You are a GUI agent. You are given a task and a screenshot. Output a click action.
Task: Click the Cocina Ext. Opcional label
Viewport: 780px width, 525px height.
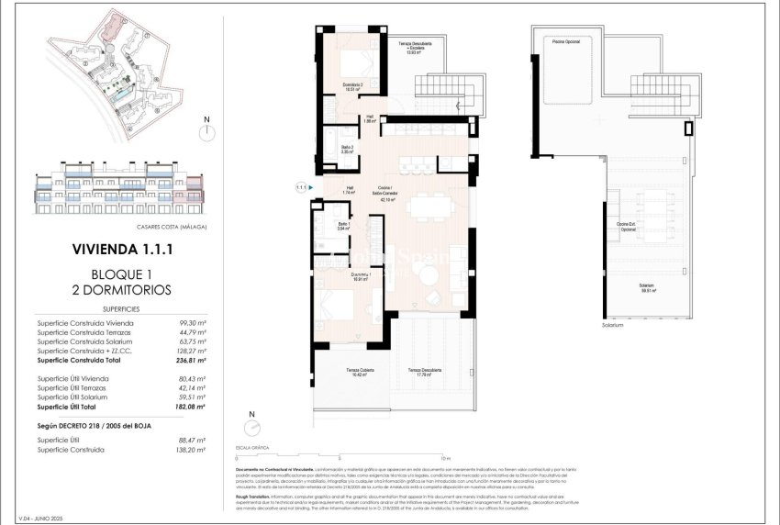pyautogui.click(x=626, y=226)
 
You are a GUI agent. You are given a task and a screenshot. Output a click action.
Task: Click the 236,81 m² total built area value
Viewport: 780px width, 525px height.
pyautogui.click(x=190, y=360)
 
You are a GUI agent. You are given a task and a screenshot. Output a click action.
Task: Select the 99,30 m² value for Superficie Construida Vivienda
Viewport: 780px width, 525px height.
pyautogui.click(x=192, y=323)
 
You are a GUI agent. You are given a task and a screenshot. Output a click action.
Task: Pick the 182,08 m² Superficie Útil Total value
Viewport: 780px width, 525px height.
pyautogui.click(x=190, y=406)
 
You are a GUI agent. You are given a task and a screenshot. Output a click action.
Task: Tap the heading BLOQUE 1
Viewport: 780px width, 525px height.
pyautogui.click(x=121, y=274)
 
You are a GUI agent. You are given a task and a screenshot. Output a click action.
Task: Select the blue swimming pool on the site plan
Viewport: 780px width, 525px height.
pyautogui.click(x=117, y=94)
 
